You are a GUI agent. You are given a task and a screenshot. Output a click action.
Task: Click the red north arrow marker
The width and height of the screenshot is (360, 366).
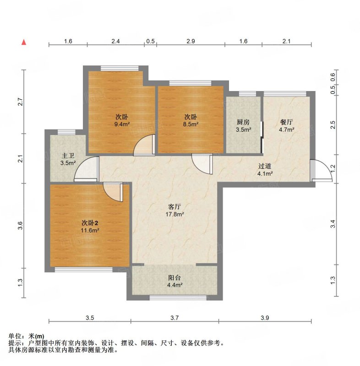tap(24, 42)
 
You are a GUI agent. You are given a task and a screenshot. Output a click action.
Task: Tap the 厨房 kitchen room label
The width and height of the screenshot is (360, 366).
tap(243, 122)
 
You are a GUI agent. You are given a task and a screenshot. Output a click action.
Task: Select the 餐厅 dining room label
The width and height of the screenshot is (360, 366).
tap(286, 122)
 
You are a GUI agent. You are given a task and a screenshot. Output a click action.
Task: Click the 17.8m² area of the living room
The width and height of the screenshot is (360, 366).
tap(175, 214)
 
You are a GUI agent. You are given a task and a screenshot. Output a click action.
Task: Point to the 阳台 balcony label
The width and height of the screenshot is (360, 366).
tap(175, 278)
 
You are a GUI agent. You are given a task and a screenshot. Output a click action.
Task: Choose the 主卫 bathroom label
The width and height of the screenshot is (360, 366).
tap(68, 156)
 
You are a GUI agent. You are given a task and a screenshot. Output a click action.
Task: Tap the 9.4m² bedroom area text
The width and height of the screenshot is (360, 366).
tap(122, 124)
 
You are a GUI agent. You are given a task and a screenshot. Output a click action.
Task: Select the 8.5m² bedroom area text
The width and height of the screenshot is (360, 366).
tap(191, 124)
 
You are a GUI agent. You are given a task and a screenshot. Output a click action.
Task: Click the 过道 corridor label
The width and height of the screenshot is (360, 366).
tap(265, 167)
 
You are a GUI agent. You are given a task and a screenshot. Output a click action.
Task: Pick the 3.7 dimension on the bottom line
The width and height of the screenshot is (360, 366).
tap(175, 318)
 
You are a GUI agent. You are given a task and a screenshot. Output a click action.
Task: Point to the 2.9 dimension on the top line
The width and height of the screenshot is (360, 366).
tap(191, 41)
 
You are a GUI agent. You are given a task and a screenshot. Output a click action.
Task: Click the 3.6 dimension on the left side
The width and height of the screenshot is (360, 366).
tap(20, 225)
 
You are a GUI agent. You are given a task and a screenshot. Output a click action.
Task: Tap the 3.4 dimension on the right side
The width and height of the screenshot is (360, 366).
tap(333, 224)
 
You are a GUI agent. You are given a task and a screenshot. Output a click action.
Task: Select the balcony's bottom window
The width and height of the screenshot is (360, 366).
tap(178, 298)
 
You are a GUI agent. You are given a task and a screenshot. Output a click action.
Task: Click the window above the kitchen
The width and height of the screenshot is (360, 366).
tap(247, 94)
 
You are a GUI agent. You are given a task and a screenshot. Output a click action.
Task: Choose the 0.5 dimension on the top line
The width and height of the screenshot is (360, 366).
tap(150, 41)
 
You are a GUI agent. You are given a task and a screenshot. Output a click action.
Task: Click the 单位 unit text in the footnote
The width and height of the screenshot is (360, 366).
tap(15, 336)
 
